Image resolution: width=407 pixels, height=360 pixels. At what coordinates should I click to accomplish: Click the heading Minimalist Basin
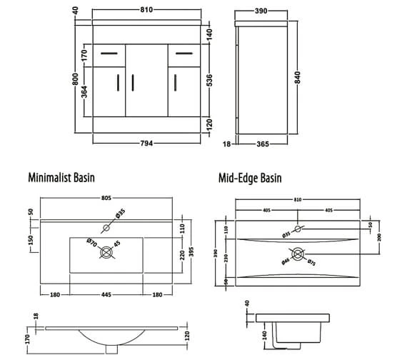pyautogui.click(x=61, y=176)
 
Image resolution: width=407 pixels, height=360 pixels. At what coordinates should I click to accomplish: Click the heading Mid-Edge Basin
pyautogui.click(x=251, y=176)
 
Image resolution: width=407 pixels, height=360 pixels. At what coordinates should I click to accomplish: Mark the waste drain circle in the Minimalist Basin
pyautogui.click(x=107, y=252)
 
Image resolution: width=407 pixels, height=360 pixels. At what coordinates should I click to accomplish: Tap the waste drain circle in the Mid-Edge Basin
pyautogui.click(x=298, y=254)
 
